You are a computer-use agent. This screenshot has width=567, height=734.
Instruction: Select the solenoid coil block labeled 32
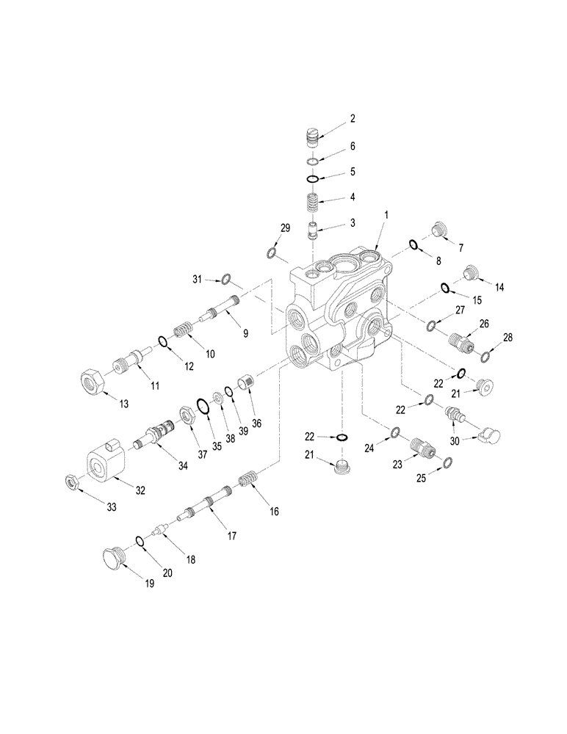point(106,463)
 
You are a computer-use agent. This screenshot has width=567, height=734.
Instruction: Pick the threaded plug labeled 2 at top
point(312,137)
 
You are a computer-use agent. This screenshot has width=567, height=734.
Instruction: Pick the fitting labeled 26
point(460,341)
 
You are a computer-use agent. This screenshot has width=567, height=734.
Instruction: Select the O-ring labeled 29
point(271,253)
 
